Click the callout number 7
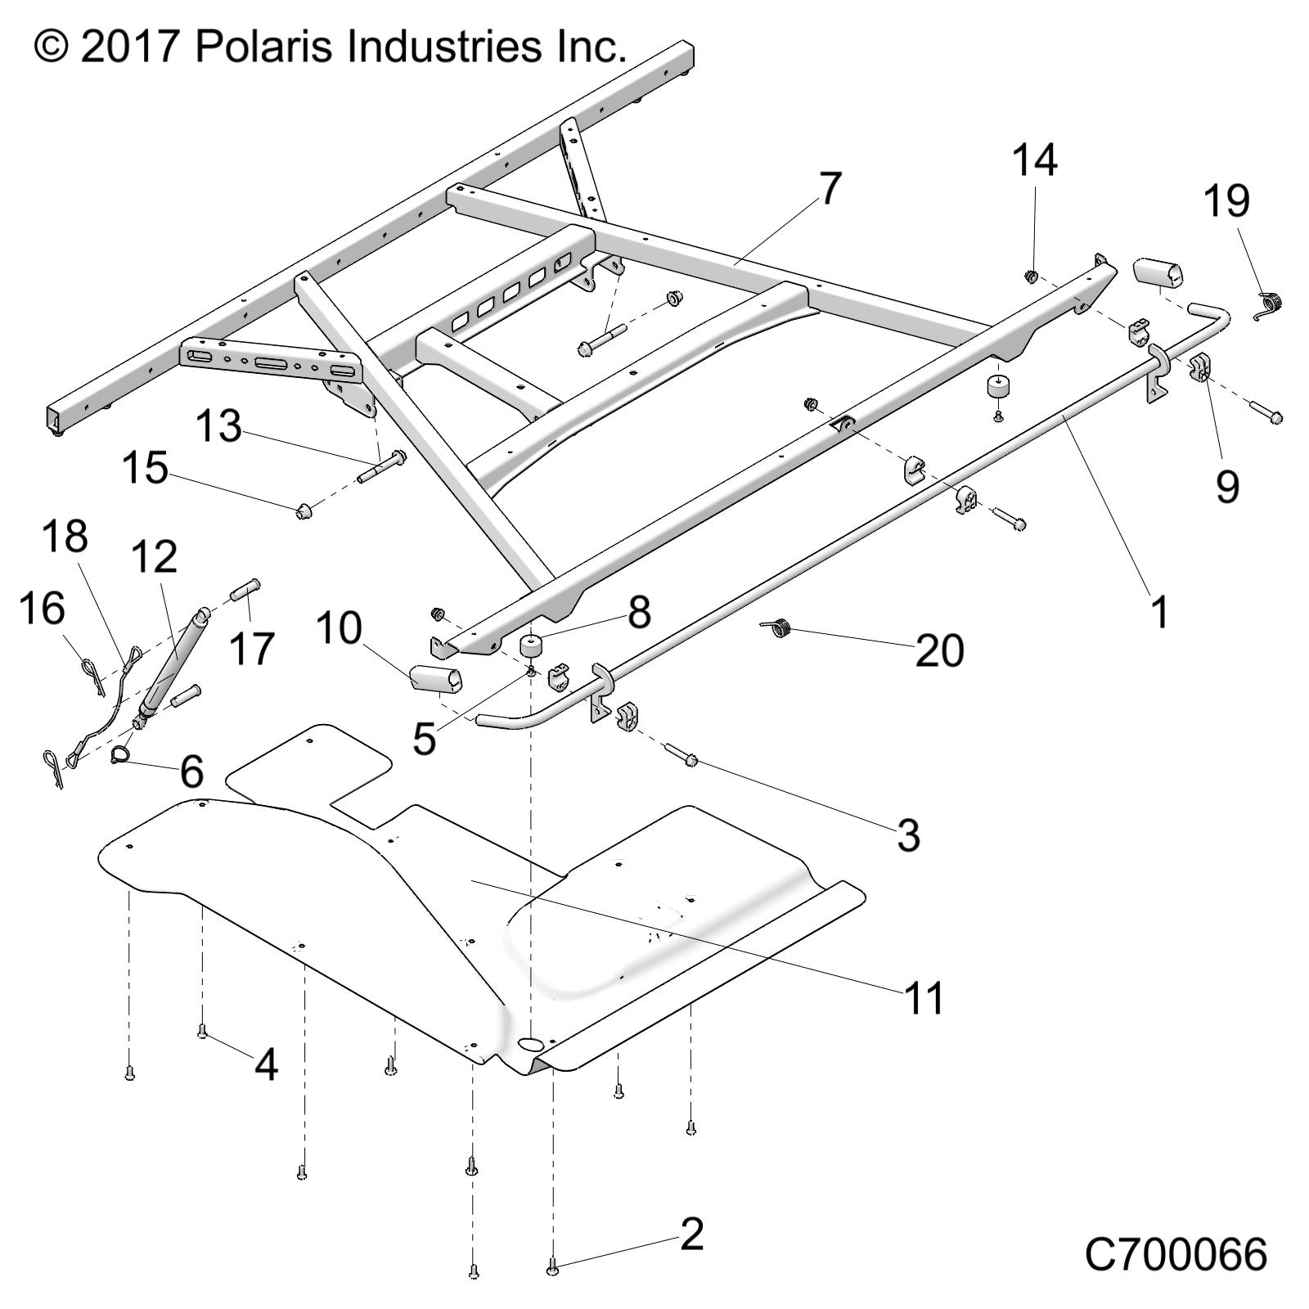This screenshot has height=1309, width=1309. pyautogui.click(x=830, y=190)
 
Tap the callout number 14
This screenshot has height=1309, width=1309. pyautogui.click(x=1035, y=160)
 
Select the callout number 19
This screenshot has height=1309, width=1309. pyautogui.click(x=1226, y=201)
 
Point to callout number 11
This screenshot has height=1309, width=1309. pyautogui.click(x=924, y=998)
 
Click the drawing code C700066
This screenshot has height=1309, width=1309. pyautogui.click(x=1176, y=1253)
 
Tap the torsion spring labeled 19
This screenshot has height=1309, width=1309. pyautogui.click(x=1269, y=306)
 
